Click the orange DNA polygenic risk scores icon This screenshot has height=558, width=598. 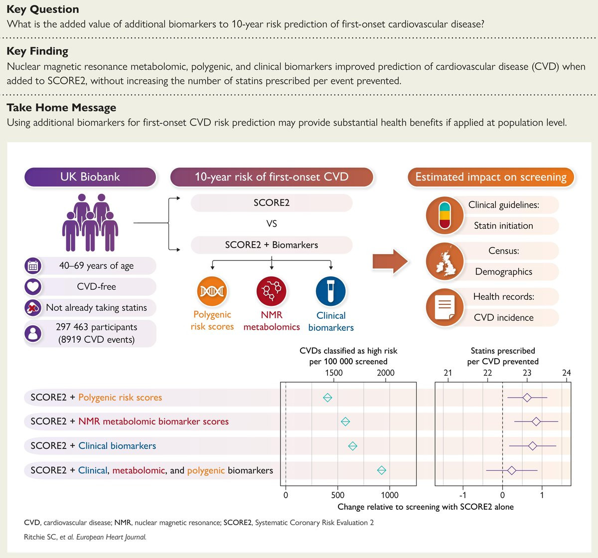click(212, 291)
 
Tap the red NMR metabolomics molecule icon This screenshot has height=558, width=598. click(271, 291)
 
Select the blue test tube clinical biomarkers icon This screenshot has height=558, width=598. click(330, 291)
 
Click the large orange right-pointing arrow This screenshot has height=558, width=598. click(390, 261)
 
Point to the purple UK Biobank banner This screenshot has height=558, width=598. click(90, 177)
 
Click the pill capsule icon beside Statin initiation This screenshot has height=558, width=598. click(445, 215)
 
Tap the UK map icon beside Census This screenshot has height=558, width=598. click(445, 261)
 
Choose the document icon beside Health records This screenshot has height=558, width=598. click(445, 307)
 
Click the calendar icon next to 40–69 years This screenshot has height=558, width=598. click(33, 266)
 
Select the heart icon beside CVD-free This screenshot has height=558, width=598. click(33, 286)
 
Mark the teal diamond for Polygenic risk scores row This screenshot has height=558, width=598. click(327, 398)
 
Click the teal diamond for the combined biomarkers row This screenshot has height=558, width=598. click(382, 470)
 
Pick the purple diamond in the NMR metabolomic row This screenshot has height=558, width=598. click(536, 421)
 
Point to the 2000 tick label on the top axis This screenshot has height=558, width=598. click(385, 373)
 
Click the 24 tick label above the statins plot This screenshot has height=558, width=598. click(567, 373)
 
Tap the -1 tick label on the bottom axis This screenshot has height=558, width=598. click(462, 495)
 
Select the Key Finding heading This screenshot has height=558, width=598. click(37, 51)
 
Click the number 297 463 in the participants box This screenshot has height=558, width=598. click(72, 327)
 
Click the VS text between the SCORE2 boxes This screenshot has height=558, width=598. click(271, 223)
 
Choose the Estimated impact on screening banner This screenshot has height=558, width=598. click(491, 177)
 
